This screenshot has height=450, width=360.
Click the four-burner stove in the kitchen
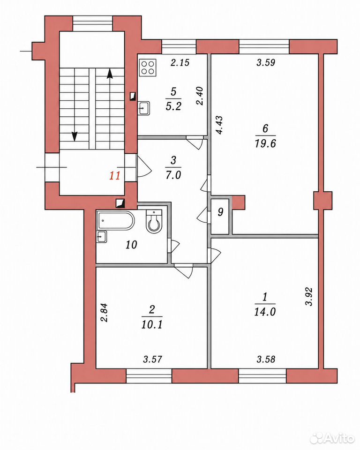(x=148, y=67)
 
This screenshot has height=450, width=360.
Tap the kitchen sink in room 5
(x=144, y=108)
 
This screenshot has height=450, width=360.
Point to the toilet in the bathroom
(x=154, y=221)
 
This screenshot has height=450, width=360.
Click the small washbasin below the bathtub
(x=102, y=237)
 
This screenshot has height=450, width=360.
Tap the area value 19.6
(x=265, y=143)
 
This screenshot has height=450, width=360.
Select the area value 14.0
(x=265, y=312)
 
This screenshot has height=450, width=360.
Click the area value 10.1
(x=152, y=324)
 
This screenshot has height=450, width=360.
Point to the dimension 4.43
(x=219, y=125)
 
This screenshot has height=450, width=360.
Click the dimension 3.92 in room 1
(x=309, y=296)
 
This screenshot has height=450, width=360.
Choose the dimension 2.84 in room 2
(x=105, y=313)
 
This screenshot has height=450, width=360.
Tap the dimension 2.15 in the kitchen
(x=180, y=62)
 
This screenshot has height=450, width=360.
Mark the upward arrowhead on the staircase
(x=109, y=74)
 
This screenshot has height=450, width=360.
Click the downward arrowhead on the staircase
(x=75, y=136)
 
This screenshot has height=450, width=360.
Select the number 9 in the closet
(x=220, y=212)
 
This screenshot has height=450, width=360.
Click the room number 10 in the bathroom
(x=131, y=245)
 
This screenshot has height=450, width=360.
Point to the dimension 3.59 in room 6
(x=266, y=62)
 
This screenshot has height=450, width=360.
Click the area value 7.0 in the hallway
(x=173, y=175)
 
